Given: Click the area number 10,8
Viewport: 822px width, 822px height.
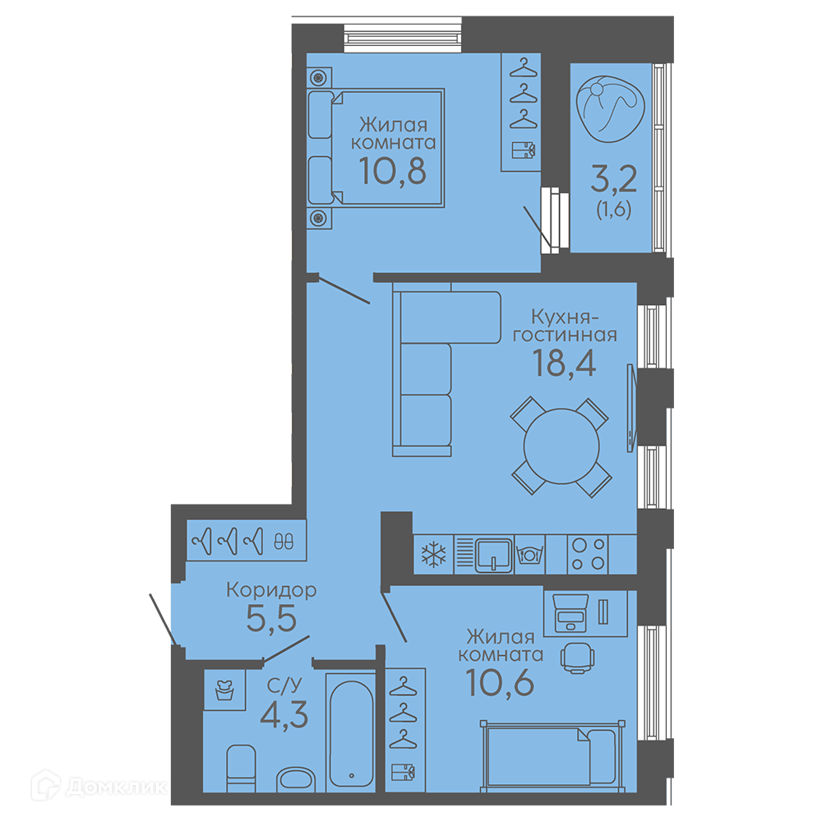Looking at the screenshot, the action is pyautogui.click(x=393, y=171).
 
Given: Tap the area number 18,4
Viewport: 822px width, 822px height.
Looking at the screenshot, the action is pyautogui.click(x=564, y=363).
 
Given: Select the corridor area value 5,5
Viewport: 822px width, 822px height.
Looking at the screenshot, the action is pyautogui.click(x=271, y=619).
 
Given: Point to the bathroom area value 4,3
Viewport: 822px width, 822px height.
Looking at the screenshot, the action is pyautogui.click(x=284, y=715).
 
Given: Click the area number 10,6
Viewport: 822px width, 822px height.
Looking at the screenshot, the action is pyautogui.click(x=500, y=682).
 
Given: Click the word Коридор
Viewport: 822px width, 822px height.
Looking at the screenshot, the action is pyautogui.click(x=271, y=590).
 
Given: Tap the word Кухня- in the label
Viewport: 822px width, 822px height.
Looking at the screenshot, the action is pyautogui.click(x=565, y=317).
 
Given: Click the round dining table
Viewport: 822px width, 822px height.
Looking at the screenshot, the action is pyautogui.click(x=561, y=446).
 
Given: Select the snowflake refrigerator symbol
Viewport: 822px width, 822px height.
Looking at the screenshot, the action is pyautogui.click(x=433, y=554).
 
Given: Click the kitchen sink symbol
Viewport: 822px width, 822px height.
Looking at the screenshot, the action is pyautogui.click(x=493, y=555).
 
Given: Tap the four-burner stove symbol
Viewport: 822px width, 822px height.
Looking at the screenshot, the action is pyautogui.click(x=588, y=554).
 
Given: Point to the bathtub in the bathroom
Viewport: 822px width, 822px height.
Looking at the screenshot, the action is pyautogui.click(x=351, y=733).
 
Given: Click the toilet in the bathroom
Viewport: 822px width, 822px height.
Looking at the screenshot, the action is pyautogui.click(x=241, y=769).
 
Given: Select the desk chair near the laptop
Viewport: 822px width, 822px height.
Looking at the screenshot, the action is pyautogui.click(x=577, y=658).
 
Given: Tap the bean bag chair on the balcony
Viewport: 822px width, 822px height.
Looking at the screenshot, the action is pyautogui.click(x=610, y=109).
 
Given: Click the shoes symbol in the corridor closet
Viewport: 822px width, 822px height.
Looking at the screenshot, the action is pyautogui.click(x=284, y=542).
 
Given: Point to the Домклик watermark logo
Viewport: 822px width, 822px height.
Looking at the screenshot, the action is pyautogui.click(x=99, y=787).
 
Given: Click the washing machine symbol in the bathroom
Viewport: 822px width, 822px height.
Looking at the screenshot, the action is pyautogui.click(x=224, y=690).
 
